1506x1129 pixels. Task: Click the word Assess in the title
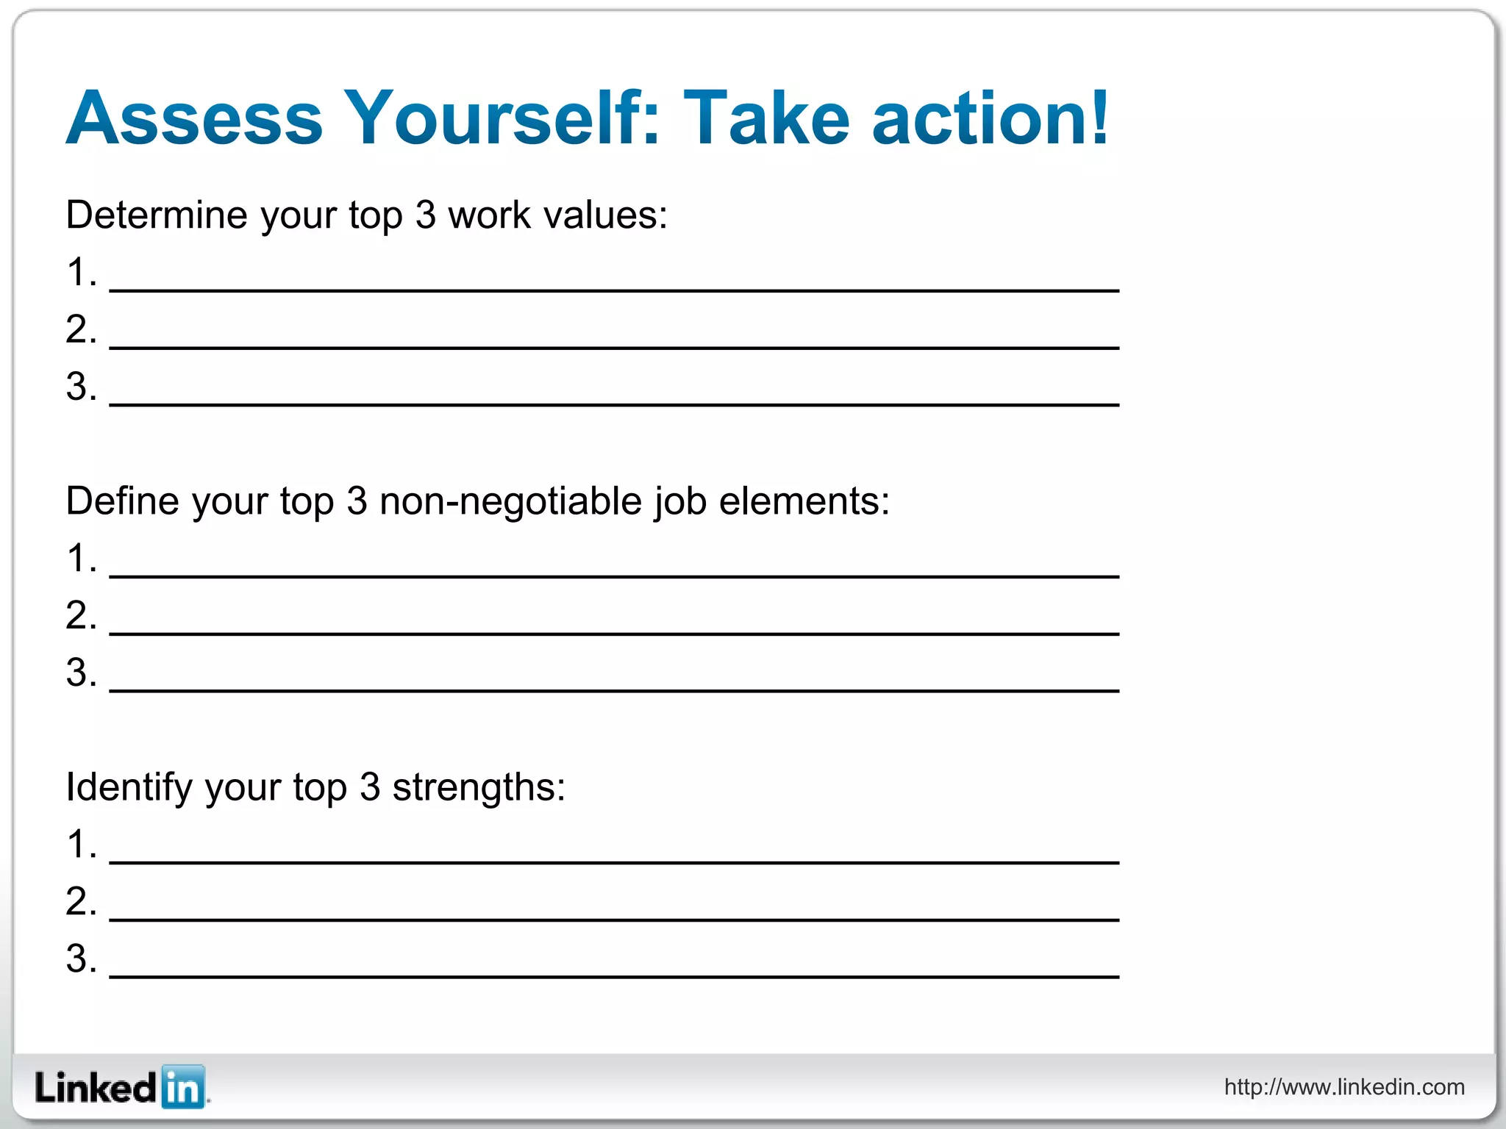pyautogui.click(x=195, y=118)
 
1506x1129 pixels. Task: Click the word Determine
pyautogui.click(x=157, y=215)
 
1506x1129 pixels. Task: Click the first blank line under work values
pyautogui.click(x=614, y=290)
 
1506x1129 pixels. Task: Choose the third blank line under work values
pyautogui.click(x=614, y=404)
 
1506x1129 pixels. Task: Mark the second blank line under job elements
pyautogui.click(x=614, y=632)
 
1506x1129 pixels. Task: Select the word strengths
pyautogui.click(x=478, y=787)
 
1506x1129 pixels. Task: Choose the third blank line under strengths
pyautogui.click(x=614, y=975)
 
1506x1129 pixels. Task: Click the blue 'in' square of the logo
pyautogui.click(x=182, y=1086)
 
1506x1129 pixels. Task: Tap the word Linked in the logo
pyautogui.click(x=96, y=1088)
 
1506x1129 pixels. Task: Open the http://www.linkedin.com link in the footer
pyautogui.click(x=1344, y=1087)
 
